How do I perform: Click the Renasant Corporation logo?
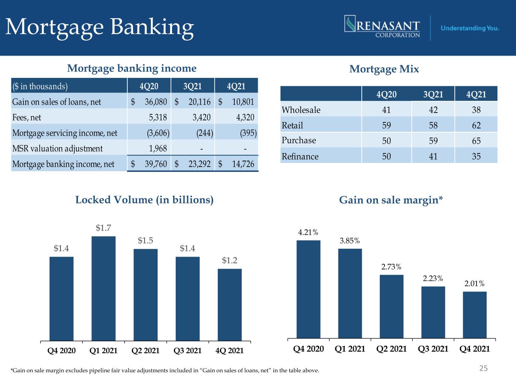382,27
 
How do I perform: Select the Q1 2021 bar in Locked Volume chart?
104,288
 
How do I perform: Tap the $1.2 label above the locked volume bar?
229,260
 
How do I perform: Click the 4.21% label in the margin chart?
308,232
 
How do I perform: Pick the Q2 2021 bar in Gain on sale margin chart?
391,307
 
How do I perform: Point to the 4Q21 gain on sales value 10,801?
243,102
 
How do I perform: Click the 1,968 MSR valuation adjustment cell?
158,148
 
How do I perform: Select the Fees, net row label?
26,117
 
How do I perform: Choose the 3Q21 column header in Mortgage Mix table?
433,94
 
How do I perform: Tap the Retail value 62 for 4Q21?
476,125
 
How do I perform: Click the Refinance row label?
300,156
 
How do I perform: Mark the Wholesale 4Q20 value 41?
386,110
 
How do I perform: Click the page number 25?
483,368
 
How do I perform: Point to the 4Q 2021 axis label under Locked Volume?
229,351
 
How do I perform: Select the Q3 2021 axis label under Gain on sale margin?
433,349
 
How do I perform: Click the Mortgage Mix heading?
384,69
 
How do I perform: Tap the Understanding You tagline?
470,28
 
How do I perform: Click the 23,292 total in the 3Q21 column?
199,164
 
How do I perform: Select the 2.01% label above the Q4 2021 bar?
474,283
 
